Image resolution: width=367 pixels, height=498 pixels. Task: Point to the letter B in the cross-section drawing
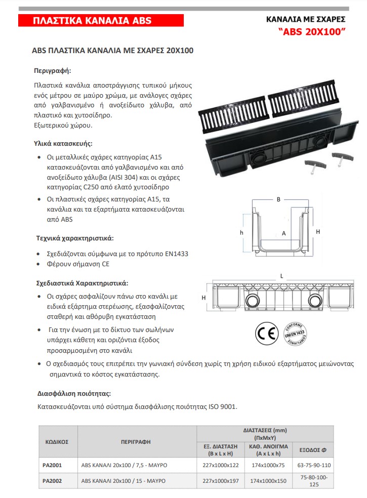pos(278,199)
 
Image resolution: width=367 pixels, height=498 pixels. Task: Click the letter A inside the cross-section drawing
pos(283,233)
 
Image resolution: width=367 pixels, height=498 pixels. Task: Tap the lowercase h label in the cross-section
pos(242,232)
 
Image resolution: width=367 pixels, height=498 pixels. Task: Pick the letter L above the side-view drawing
pos(281,276)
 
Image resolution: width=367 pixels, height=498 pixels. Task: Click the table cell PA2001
pos(52,465)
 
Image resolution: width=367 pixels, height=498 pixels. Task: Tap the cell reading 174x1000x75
pos(268,465)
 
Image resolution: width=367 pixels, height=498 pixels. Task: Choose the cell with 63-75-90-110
pos(315,465)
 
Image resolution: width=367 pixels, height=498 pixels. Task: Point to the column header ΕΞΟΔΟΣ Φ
pos(314,449)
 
